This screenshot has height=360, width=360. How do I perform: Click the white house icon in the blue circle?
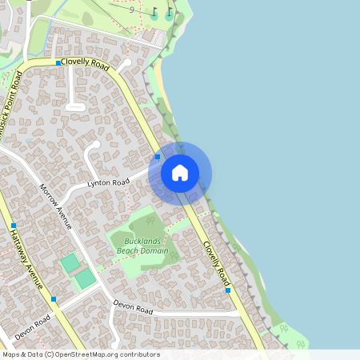(179, 172)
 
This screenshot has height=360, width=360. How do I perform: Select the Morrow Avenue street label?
(56, 206)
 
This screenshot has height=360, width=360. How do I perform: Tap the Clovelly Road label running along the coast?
(216, 262)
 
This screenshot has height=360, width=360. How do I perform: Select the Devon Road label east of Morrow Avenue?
(133, 306)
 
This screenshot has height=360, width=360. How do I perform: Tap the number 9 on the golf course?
(153, 10)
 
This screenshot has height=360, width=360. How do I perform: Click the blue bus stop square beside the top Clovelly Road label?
(58, 62)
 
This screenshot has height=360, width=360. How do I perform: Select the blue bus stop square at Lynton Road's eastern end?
(158, 157)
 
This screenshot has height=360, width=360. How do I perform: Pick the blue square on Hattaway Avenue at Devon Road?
(53, 299)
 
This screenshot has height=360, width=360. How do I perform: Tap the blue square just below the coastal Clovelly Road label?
(228, 290)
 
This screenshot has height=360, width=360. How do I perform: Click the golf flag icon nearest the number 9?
(170, 13)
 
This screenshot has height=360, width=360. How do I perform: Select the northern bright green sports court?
(70, 262)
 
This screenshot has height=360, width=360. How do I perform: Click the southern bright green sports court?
(84, 278)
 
